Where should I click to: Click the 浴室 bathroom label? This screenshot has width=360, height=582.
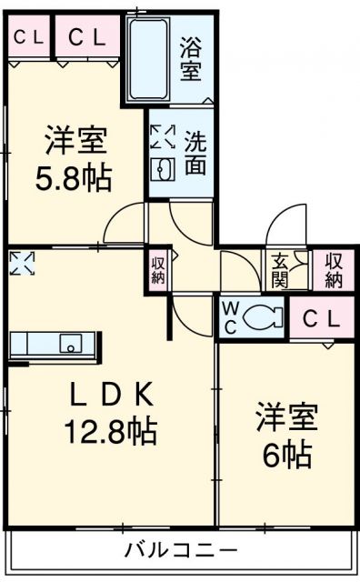pyautogui.click(x=190, y=58)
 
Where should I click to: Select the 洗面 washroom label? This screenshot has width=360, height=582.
pyautogui.click(x=195, y=152)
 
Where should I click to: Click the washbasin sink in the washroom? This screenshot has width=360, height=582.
pyautogui.click(x=164, y=169)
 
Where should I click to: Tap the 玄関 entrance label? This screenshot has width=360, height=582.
pyautogui.click(x=276, y=270)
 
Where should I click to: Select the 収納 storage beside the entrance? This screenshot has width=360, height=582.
pyautogui.click(x=333, y=270)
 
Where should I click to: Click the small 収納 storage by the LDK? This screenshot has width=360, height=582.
pyautogui.click(x=157, y=270)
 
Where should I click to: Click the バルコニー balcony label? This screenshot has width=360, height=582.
pyautogui.click(x=180, y=550)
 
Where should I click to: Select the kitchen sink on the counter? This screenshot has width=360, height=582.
pyautogui.click(x=70, y=344)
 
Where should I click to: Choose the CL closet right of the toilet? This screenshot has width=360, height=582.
pyautogui.click(x=322, y=319)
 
